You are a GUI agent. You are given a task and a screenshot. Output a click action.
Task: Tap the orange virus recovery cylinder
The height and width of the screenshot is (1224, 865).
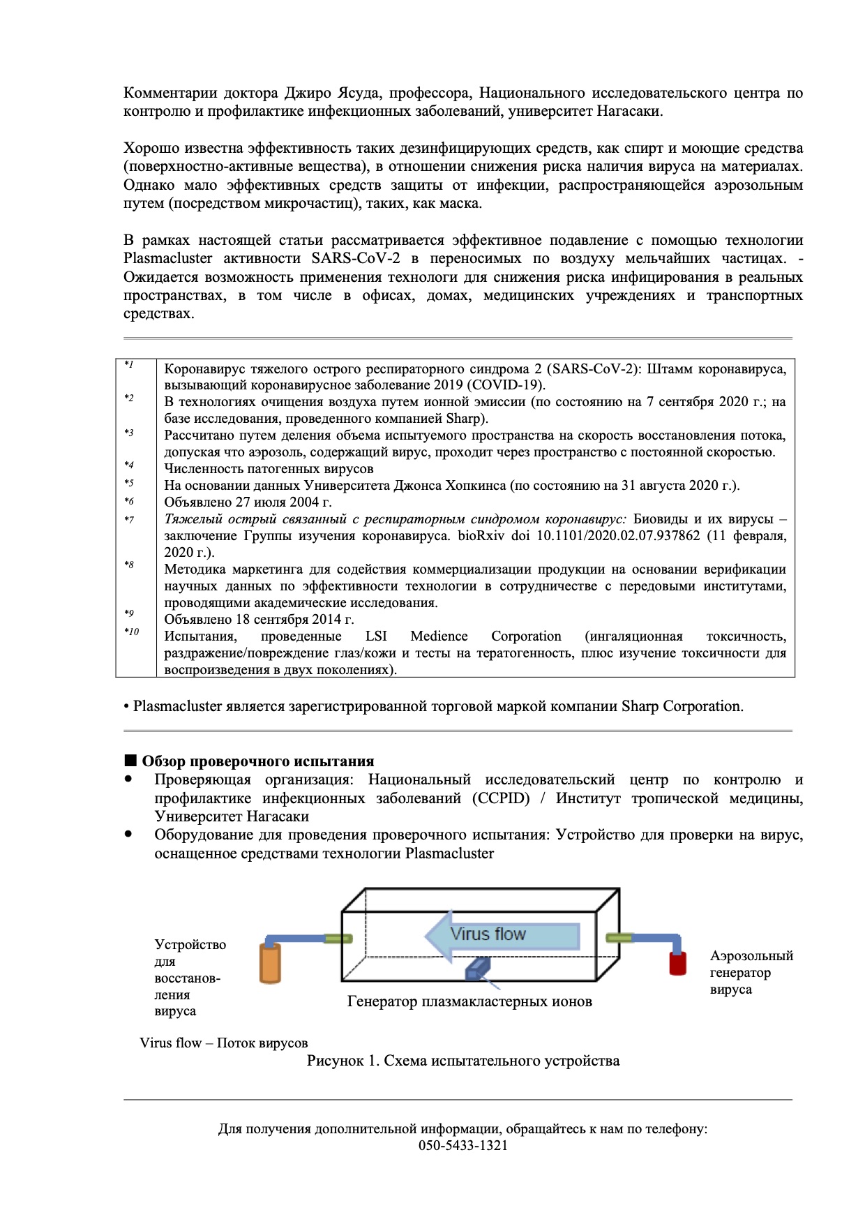point(270,964)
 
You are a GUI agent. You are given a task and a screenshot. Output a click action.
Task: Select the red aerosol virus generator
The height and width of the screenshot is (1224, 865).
point(677,962)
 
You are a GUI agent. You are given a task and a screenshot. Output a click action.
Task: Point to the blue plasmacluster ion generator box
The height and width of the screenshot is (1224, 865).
point(478,968)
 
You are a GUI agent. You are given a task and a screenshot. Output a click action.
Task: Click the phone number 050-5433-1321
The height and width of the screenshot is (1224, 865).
point(463,1145)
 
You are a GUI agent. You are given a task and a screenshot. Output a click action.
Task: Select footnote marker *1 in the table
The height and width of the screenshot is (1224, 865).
point(129,365)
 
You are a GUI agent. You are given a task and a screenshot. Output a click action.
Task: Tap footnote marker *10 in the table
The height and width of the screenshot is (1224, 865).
point(132,632)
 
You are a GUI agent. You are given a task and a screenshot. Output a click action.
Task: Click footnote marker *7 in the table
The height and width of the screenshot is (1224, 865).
point(129,520)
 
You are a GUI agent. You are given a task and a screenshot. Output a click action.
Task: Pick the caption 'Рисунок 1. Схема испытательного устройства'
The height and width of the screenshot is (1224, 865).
point(463,1061)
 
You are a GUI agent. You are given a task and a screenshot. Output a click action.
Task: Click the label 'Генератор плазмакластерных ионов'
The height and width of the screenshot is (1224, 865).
point(469,1001)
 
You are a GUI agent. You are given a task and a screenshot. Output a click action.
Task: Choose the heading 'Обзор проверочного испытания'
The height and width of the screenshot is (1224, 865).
point(258,761)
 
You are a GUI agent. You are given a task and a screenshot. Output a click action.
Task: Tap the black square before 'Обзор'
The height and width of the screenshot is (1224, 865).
point(130,761)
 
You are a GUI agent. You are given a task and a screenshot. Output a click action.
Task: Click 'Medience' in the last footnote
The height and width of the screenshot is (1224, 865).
point(439,636)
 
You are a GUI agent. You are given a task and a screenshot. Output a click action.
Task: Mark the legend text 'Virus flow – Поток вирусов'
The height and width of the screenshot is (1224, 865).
point(223,1043)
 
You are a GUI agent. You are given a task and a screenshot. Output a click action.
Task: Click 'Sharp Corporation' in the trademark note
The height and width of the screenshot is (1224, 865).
point(682,706)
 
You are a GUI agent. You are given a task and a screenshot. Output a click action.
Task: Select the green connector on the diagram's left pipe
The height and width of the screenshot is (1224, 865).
point(338,939)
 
